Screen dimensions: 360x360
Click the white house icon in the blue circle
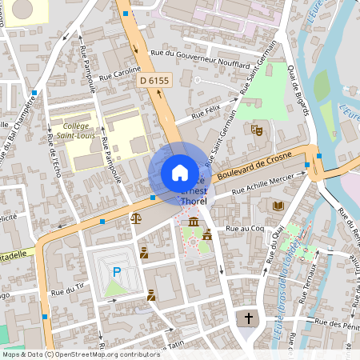click(180, 173)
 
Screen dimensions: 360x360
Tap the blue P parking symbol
click(116, 273)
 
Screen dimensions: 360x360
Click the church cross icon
click(248, 318)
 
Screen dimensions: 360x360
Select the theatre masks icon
click(257, 128)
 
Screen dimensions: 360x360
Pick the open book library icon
click(278, 206)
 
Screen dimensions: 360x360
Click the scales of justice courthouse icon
click(135, 218)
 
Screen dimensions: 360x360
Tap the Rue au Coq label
click(245, 229)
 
